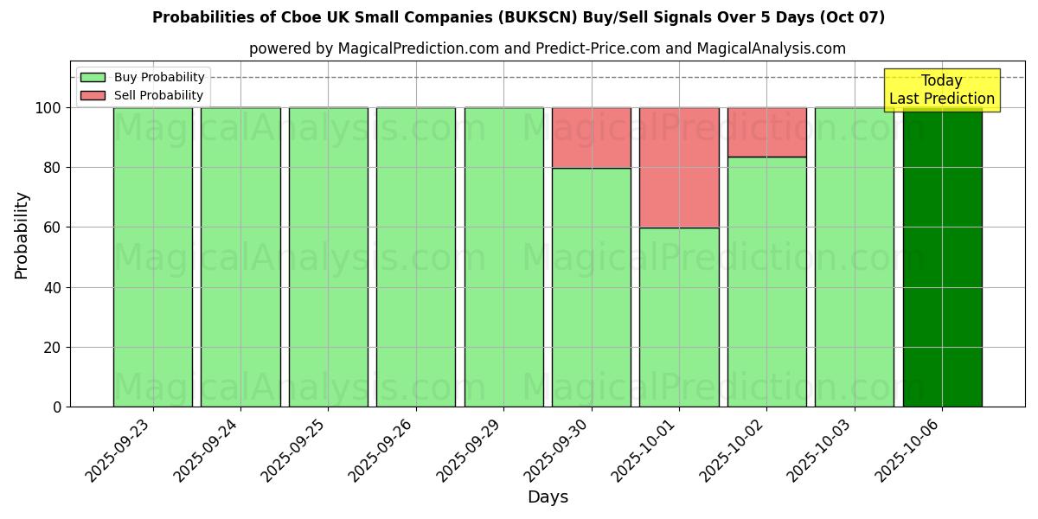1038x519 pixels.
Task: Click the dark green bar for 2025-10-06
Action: click(942, 259)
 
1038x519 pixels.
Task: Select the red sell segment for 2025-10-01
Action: click(679, 167)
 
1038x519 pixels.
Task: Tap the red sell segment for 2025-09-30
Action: click(592, 138)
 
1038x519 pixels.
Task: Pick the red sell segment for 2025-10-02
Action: click(766, 131)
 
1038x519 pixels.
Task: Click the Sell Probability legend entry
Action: click(144, 95)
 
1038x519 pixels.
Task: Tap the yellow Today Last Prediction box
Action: click(941, 90)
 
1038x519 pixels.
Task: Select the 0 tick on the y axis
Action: click(57, 407)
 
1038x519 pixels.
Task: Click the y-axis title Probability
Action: click(22, 235)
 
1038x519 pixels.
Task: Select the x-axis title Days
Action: click(548, 497)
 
